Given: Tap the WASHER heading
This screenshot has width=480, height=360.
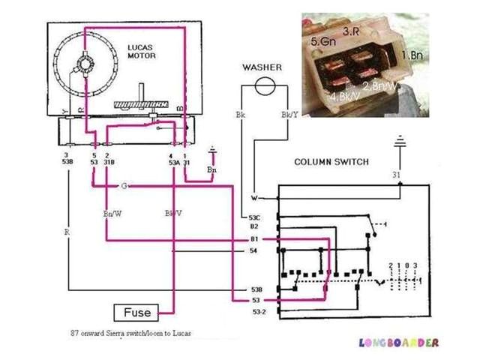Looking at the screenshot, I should point(262,67).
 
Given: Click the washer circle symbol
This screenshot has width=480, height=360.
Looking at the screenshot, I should point(262,88).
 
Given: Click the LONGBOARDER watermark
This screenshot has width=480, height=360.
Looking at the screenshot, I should point(398,343).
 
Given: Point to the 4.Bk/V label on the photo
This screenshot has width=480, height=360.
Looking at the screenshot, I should point(344,97).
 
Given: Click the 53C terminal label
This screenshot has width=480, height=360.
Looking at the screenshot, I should point(254,217).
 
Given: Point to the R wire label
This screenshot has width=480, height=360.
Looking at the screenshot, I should point(67,232).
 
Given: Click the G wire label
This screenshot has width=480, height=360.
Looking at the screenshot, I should point(124,184).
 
